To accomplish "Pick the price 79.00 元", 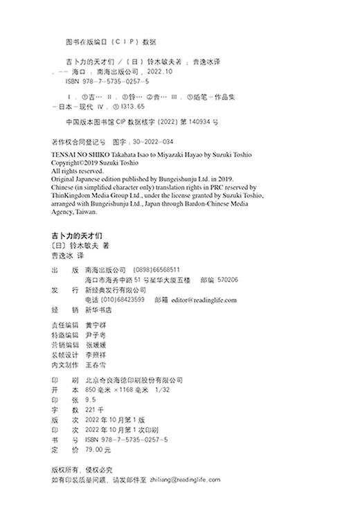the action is click(x=96, y=449).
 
